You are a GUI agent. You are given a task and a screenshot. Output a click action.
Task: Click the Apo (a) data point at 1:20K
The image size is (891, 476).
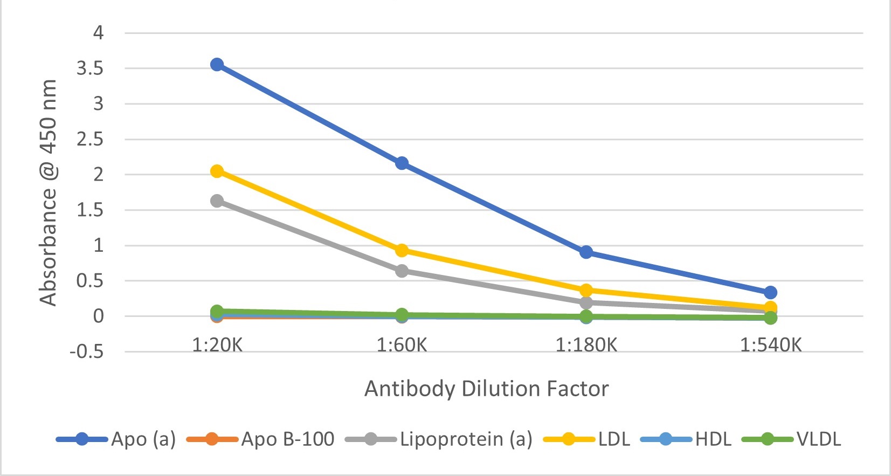point(217,65)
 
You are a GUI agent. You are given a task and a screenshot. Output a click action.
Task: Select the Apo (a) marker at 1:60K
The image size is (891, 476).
point(402,163)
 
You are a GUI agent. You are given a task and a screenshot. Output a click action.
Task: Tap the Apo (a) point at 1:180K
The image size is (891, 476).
point(586,252)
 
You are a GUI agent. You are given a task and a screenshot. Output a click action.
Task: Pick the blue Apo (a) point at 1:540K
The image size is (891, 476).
point(770,293)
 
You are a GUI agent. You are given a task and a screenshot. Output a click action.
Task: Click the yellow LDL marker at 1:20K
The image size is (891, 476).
point(217,171)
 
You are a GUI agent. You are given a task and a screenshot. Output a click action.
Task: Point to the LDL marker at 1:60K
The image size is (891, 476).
point(402,250)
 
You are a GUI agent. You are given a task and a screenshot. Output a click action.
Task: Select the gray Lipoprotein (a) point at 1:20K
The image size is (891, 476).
point(217,201)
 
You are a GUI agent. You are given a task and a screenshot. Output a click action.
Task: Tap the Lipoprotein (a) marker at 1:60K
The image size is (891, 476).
point(402,271)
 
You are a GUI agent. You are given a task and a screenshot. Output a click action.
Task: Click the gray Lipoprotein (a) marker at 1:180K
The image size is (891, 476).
point(586,303)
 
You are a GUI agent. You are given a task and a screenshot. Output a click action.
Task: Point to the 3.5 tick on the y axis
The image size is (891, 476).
point(90,68)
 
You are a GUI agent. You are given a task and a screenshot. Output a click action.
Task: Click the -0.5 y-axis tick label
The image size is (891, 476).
point(86,352)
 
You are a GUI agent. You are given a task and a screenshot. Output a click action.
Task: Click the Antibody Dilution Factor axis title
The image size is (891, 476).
point(486,389)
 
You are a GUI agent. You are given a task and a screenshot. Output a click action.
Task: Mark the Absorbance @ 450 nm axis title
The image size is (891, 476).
point(48,192)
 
